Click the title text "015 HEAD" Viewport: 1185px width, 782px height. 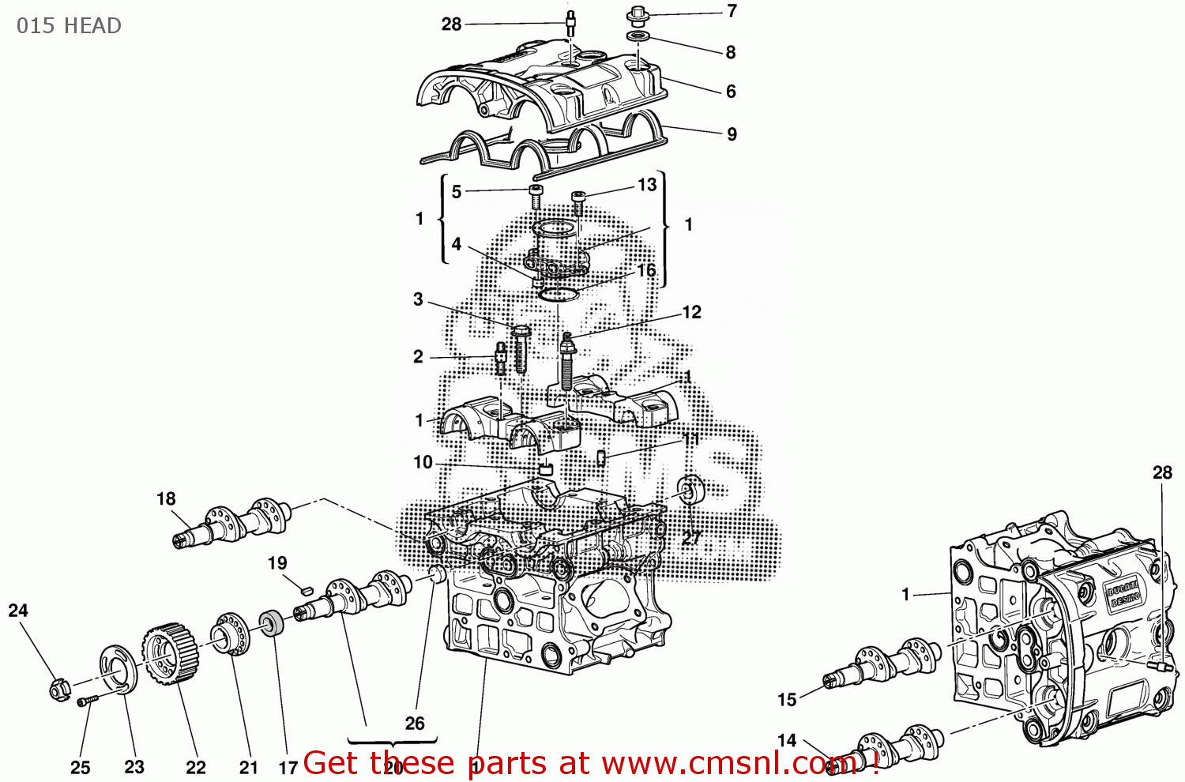(x=69, y=25)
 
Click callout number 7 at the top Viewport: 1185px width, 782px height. (x=732, y=11)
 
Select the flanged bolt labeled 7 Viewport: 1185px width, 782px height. (x=637, y=15)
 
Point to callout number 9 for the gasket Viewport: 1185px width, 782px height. (x=732, y=134)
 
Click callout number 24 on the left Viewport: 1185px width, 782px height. (x=18, y=611)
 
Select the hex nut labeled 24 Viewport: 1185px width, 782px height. (x=58, y=690)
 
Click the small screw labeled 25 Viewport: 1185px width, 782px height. (x=85, y=701)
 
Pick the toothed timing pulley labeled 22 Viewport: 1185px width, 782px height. (x=167, y=652)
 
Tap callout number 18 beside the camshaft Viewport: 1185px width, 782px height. (x=166, y=499)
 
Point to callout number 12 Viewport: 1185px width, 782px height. (x=691, y=313)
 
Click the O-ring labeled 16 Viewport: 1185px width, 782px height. (x=559, y=295)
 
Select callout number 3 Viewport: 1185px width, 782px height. (x=418, y=299)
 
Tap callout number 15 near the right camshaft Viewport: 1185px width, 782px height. (x=787, y=700)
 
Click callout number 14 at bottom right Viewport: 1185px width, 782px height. (x=787, y=741)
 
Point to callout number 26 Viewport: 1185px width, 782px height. (x=415, y=724)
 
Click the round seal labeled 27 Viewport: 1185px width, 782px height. (x=691, y=490)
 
